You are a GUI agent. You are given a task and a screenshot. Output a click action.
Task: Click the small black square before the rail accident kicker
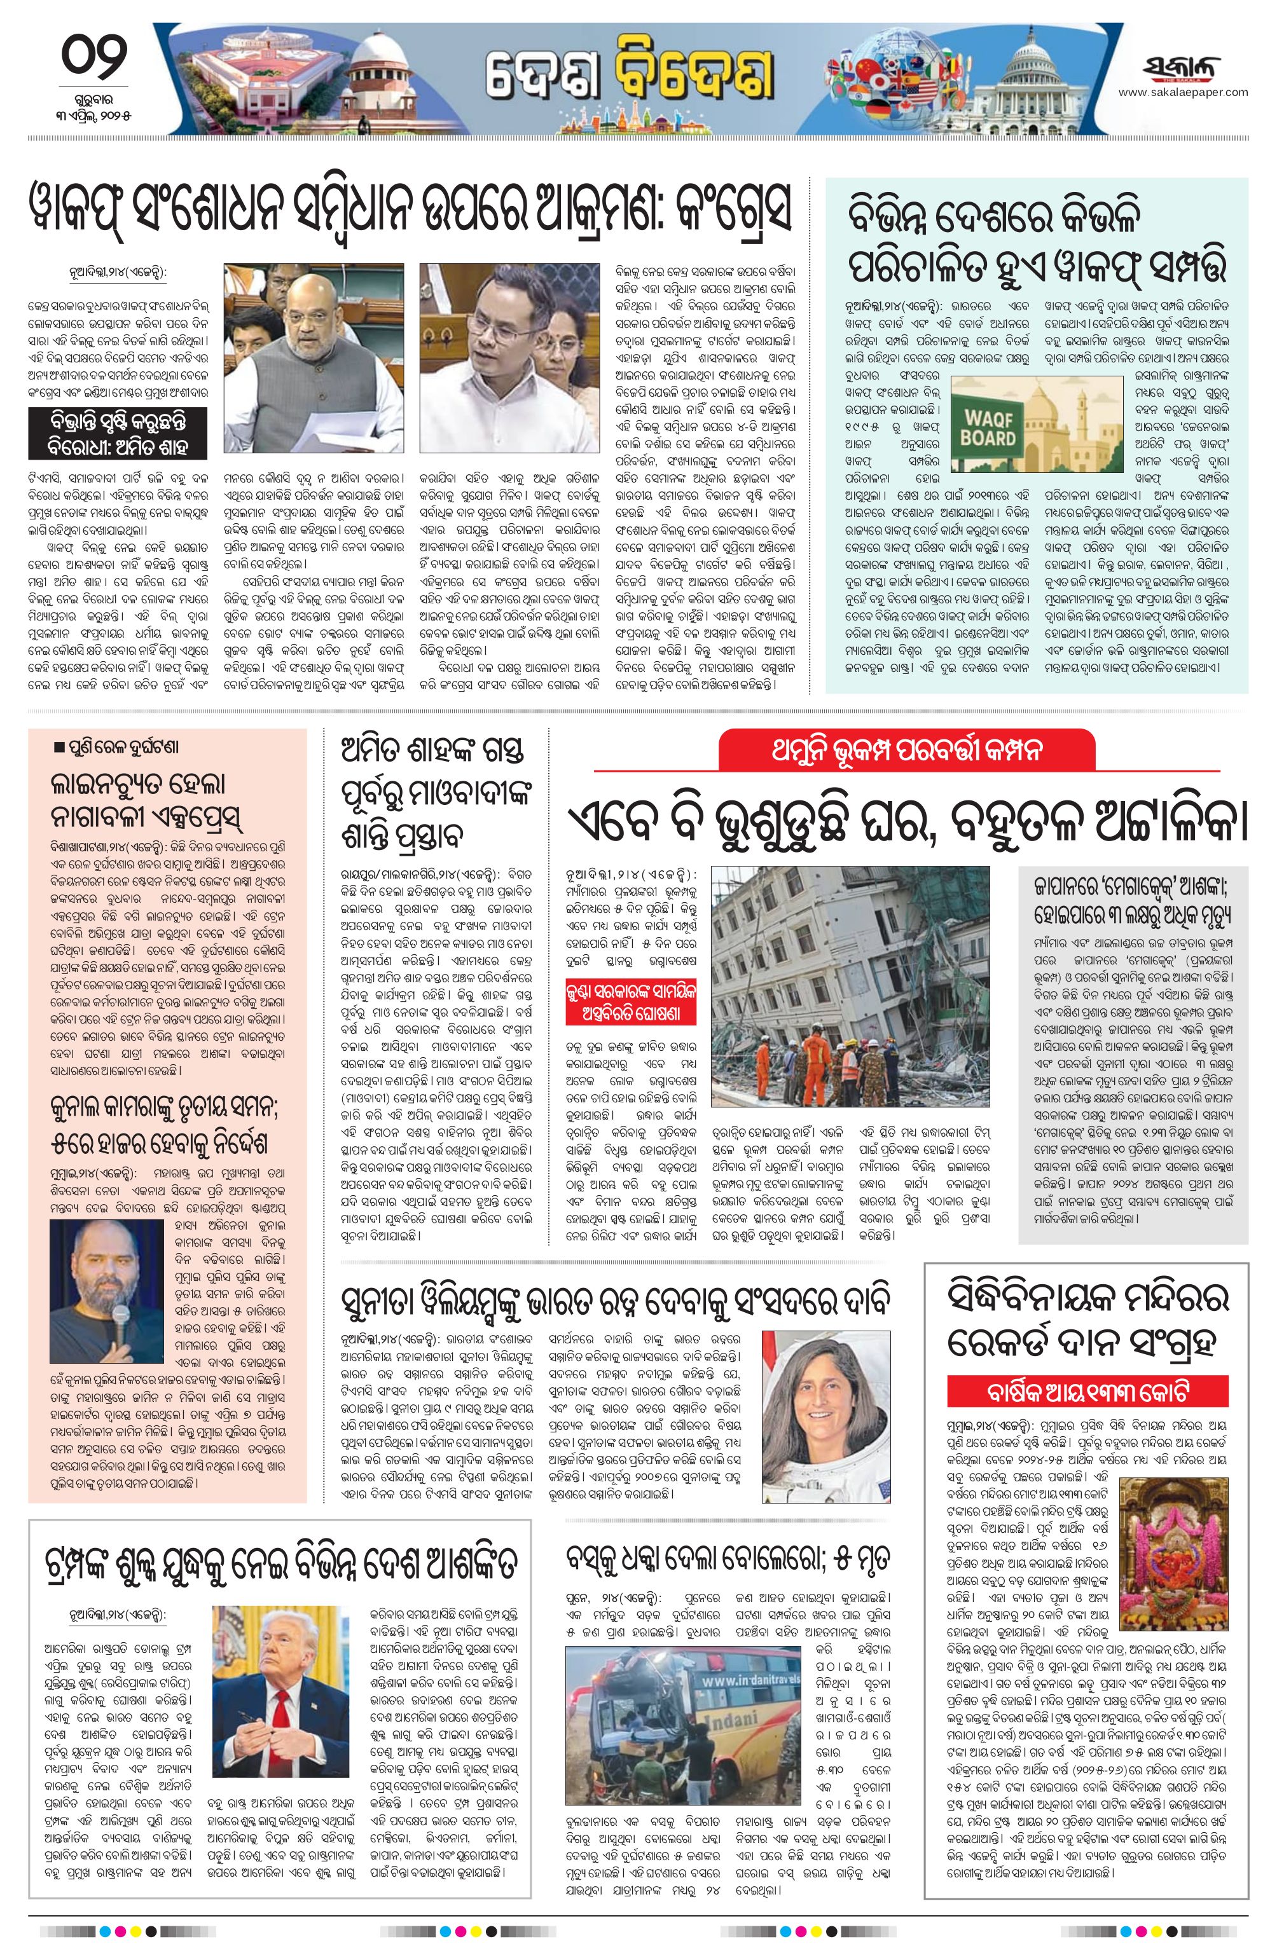[x=58, y=748]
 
